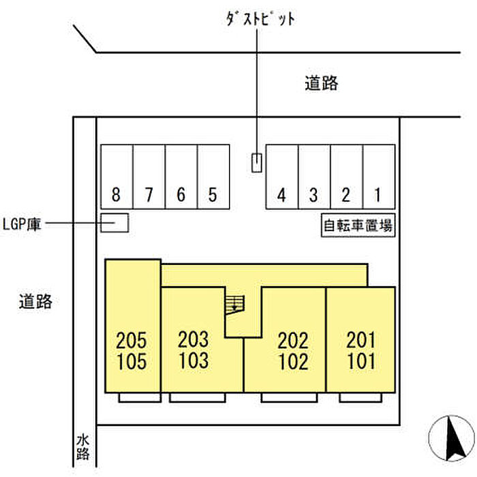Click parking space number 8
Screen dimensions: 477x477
(117, 176)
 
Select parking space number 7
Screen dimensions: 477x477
(149, 176)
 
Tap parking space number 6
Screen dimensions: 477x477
(181, 176)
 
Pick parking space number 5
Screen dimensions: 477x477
(213, 176)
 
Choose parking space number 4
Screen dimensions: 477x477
(281, 176)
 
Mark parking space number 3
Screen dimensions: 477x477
(313, 176)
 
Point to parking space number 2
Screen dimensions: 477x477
(346, 176)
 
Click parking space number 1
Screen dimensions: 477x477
(378, 176)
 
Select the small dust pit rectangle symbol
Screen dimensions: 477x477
(256, 163)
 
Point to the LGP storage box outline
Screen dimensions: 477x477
(114, 223)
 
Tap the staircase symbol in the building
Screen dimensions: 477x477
(234, 303)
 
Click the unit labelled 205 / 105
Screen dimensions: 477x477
(132, 349)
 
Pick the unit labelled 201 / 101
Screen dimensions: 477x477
(360, 349)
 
